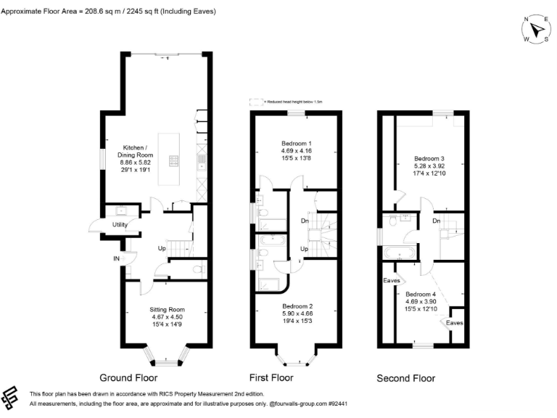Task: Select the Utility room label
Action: click(x=120, y=225)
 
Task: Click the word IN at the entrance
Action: click(x=115, y=258)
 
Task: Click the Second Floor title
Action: click(x=405, y=378)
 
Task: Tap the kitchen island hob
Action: click(x=176, y=162)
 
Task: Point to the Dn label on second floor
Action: click(x=436, y=221)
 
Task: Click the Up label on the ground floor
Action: click(x=163, y=249)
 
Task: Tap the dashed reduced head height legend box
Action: click(x=255, y=102)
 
